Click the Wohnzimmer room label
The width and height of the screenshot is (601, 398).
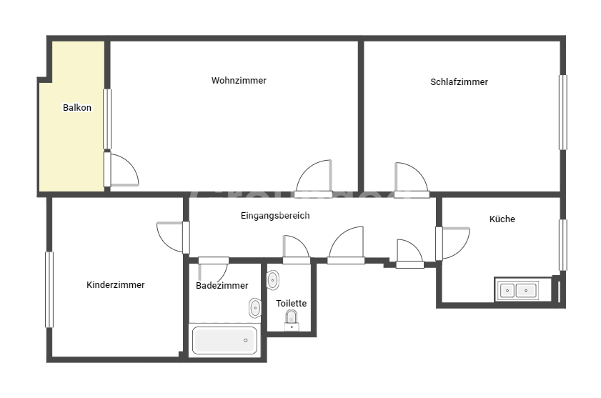(239, 81)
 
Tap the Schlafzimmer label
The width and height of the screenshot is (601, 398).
(459, 82)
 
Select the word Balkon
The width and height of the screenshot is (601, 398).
(77, 108)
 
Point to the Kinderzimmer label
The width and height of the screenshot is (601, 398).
(115, 285)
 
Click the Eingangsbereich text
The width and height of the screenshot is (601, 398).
(275, 216)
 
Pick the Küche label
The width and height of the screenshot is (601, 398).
(502, 219)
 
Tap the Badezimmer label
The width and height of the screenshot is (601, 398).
(222, 286)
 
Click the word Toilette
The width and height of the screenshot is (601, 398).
(292, 303)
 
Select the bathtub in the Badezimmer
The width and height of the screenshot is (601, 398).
(224, 340)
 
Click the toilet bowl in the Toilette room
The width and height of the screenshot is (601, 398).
(292, 320)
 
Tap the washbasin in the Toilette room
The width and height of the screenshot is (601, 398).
(272, 280)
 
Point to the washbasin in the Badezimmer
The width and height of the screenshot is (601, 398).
(255, 308)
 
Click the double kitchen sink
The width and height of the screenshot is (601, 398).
(517, 290)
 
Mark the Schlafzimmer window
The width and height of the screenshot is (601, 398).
(562, 112)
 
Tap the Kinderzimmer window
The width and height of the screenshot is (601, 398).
(49, 289)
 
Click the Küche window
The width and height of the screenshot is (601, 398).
(562, 245)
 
